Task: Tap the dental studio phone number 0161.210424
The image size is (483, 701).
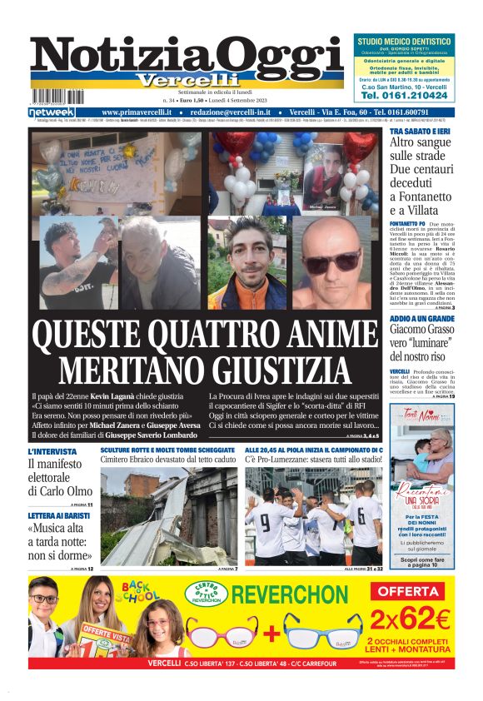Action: tap(404, 96)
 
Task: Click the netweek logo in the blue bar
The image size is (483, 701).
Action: tap(52, 112)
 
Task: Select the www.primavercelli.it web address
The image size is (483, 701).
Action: tap(137, 112)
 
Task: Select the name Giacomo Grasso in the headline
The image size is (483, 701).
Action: tap(420, 330)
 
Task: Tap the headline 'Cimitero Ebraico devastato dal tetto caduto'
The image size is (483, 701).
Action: tap(168, 460)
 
